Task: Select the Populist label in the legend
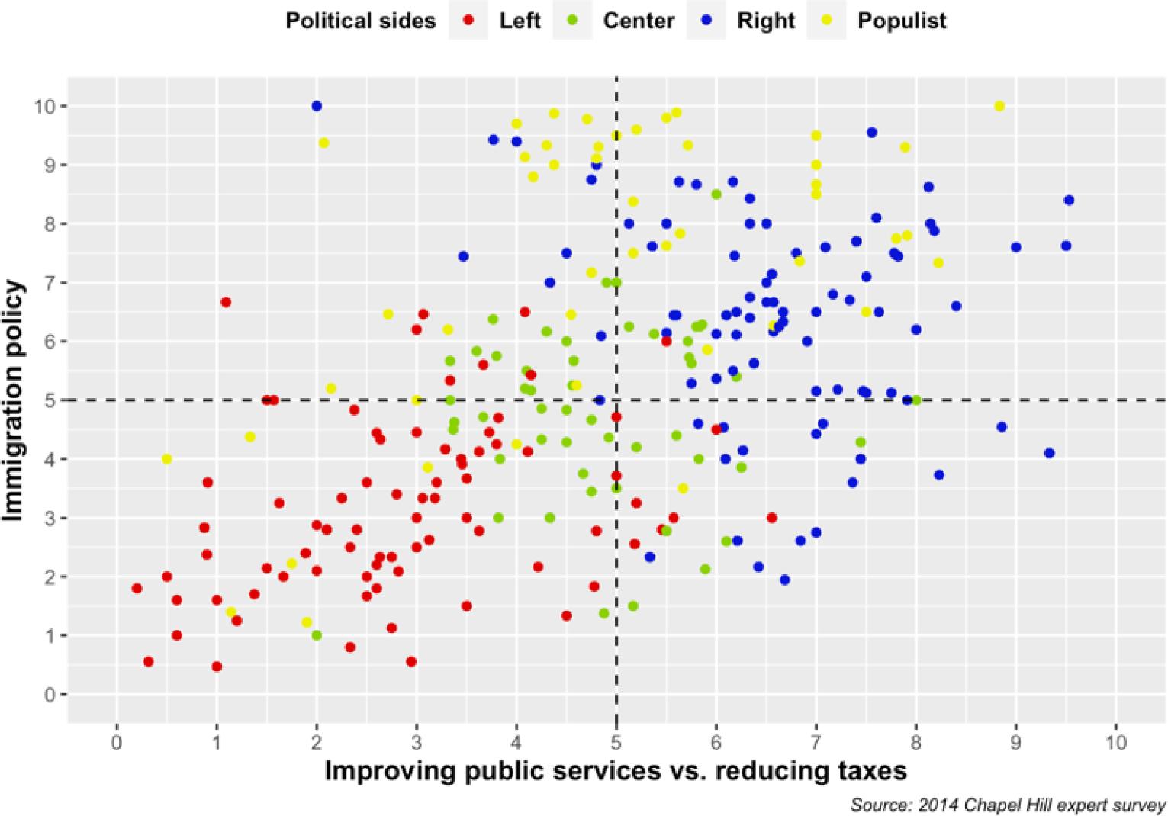[902, 21]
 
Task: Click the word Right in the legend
[766, 21]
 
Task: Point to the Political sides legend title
[360, 21]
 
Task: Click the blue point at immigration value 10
[317, 106]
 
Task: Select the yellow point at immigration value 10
[999, 106]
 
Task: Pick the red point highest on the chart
[226, 302]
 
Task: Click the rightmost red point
[771, 518]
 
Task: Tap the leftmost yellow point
[166, 459]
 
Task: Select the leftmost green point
[317, 635]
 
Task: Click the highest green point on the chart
[716, 194]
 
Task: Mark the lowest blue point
[784, 580]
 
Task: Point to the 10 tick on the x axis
[1116, 741]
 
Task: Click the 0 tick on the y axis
[50, 695]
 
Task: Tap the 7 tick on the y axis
[50, 283]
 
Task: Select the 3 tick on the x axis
[417, 741]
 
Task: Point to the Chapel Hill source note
[1008, 805]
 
